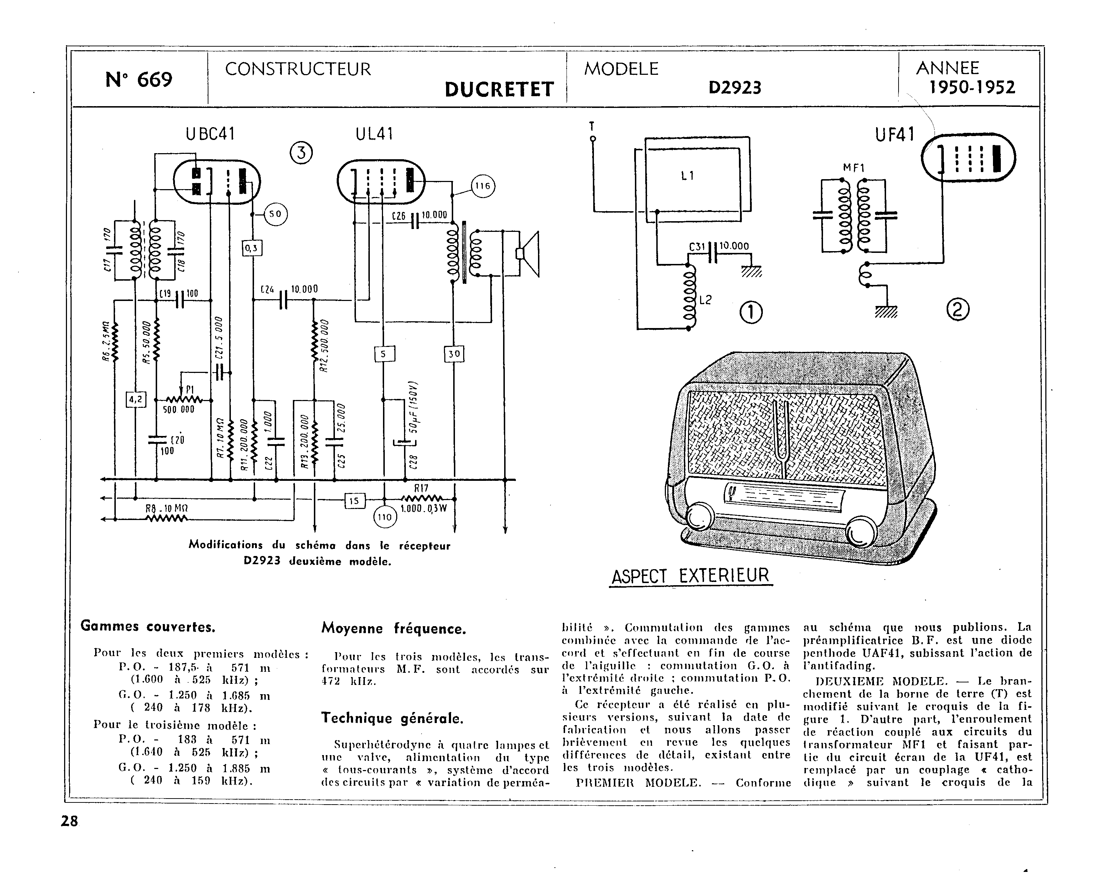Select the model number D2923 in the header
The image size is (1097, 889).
(735, 88)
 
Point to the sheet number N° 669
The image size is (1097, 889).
(139, 80)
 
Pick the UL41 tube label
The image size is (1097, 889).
(374, 134)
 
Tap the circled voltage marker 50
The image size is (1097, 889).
(275, 214)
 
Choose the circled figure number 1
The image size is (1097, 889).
(751, 312)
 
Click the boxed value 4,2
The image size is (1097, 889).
(136, 399)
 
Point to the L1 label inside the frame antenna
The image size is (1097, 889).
(688, 176)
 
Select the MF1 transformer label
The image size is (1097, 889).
(853, 167)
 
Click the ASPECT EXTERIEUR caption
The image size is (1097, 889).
(690, 576)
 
